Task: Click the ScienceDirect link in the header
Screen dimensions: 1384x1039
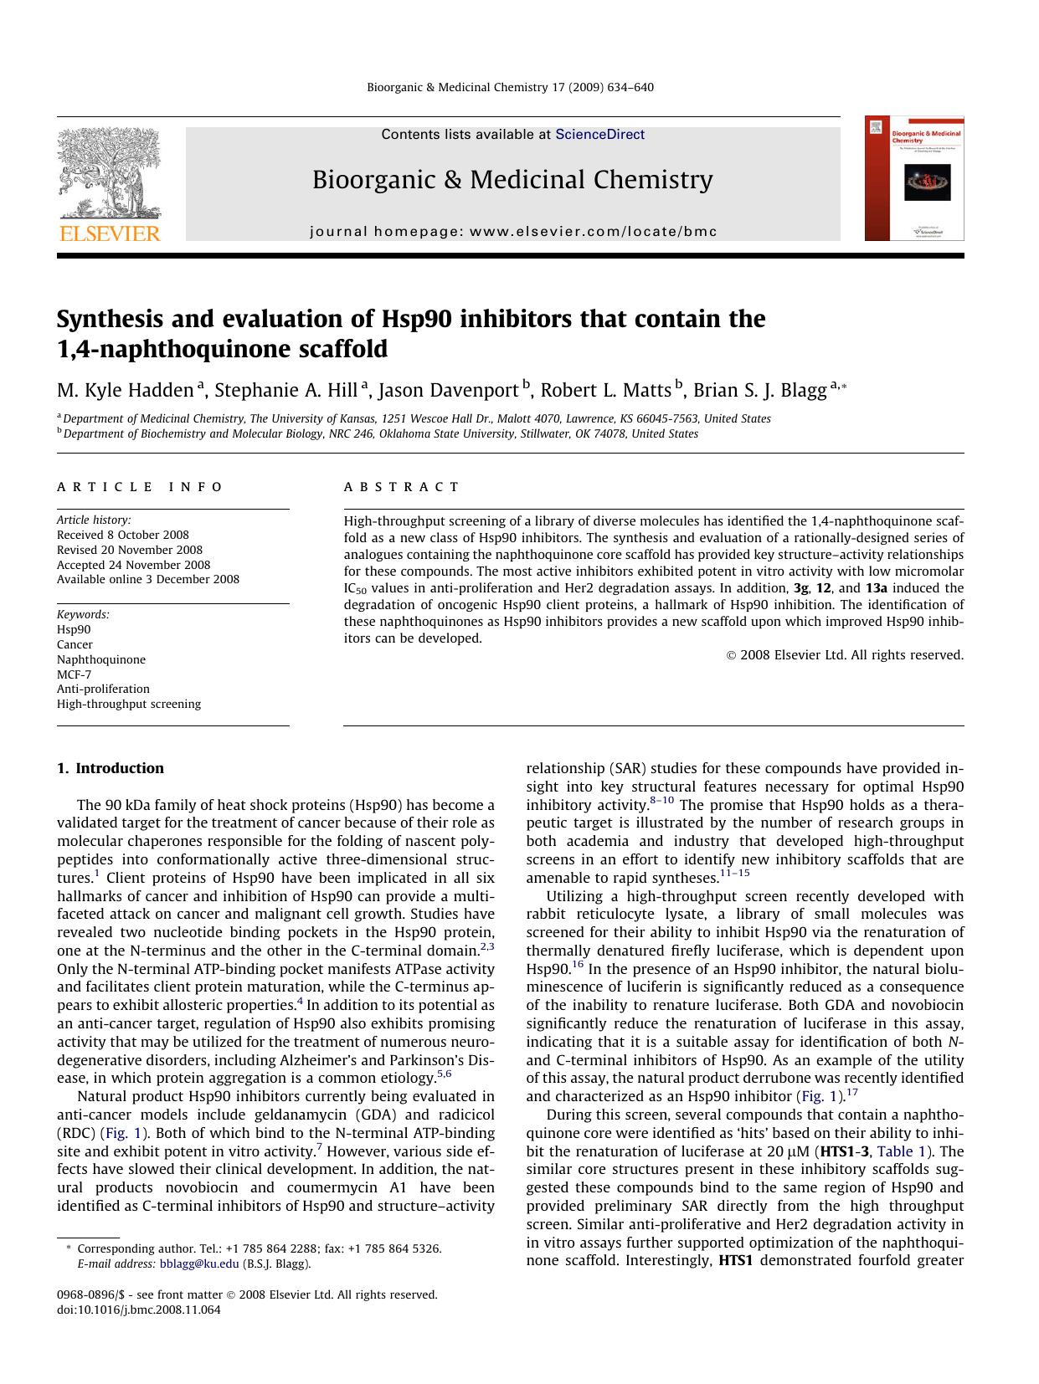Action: [599, 134]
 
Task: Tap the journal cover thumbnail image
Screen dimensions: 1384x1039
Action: [914, 179]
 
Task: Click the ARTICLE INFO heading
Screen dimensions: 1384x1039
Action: [140, 487]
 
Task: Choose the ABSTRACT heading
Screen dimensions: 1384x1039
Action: [401, 487]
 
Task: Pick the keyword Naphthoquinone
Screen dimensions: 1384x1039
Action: [101, 659]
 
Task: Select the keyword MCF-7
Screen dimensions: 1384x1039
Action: [75, 674]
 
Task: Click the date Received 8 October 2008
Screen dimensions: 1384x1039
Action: [123, 535]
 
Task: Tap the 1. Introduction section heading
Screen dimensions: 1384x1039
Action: [110, 768]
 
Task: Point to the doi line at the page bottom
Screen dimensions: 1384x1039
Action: [139, 1310]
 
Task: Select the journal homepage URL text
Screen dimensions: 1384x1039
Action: [513, 232]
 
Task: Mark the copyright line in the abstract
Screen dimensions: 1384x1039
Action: [845, 655]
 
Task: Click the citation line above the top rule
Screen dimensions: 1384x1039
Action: [510, 87]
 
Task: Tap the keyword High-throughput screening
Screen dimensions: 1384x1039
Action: [129, 704]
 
